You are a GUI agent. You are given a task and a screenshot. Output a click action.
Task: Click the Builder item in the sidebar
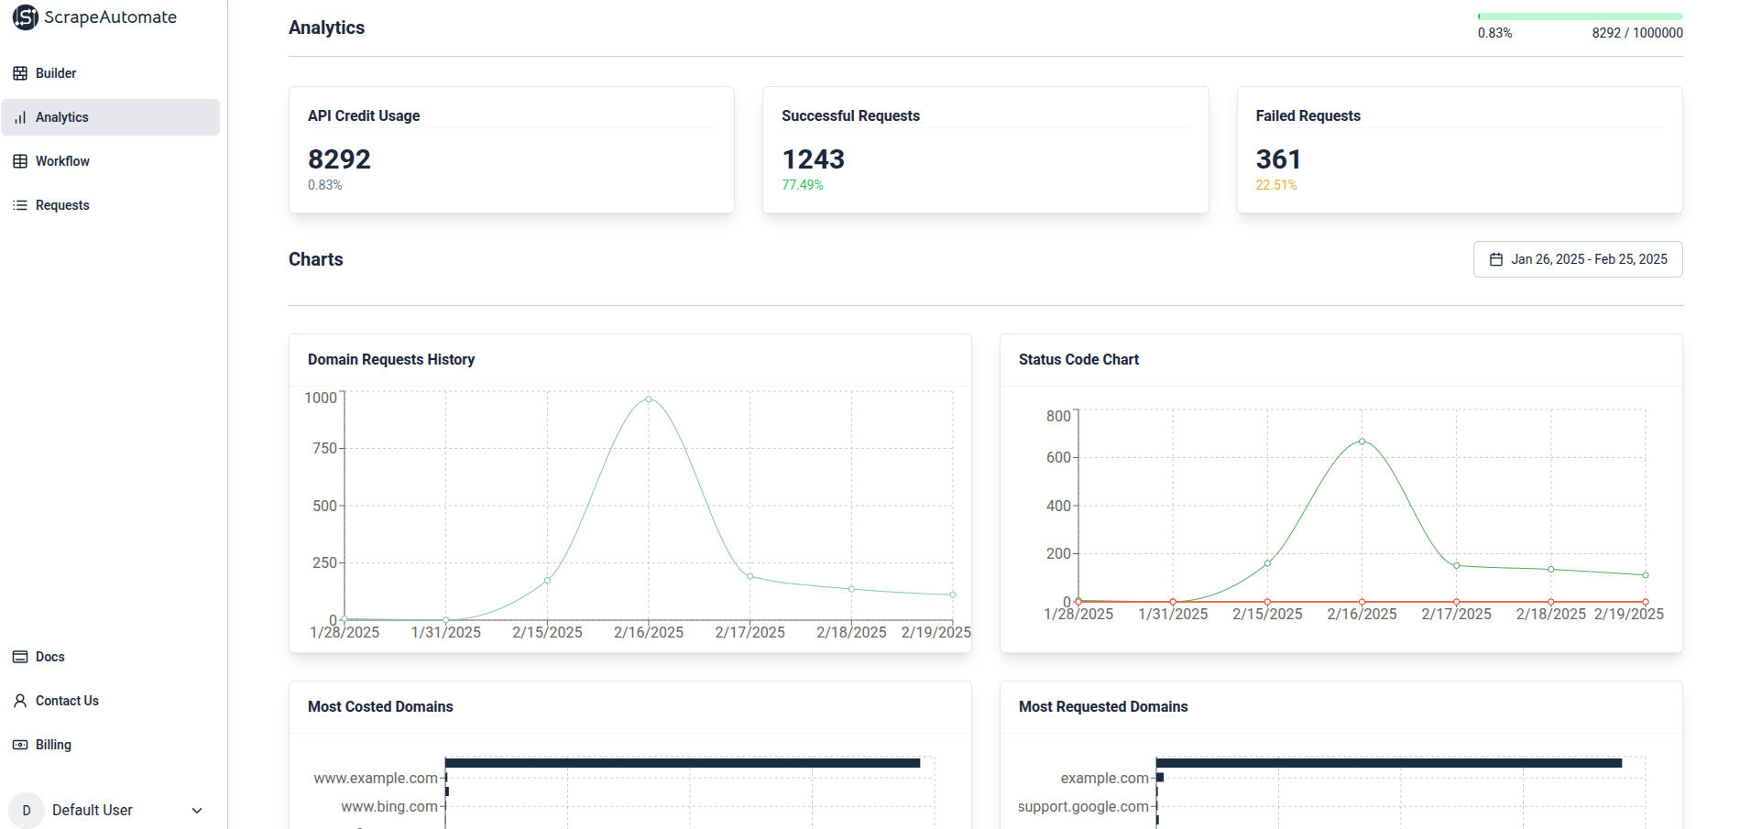pos(55,73)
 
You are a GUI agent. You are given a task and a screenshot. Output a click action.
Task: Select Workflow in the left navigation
pos(62,161)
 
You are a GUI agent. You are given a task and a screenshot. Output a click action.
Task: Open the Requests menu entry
pos(62,205)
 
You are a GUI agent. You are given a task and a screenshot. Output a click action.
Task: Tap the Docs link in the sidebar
pos(49,657)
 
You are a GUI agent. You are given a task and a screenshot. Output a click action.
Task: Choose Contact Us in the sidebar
pos(67,701)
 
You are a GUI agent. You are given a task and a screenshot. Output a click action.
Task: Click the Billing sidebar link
pos(53,745)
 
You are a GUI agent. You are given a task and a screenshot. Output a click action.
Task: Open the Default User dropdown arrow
pos(197,811)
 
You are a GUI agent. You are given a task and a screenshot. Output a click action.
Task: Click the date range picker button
pos(1578,259)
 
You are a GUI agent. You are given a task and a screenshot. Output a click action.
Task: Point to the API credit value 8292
pos(339,159)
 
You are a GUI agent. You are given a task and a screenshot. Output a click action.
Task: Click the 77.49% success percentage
pos(803,185)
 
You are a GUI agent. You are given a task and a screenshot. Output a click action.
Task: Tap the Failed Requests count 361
pos(1278,159)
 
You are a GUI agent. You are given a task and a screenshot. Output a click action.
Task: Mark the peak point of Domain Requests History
pos(649,399)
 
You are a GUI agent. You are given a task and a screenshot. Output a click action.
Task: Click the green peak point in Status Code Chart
pos(1362,442)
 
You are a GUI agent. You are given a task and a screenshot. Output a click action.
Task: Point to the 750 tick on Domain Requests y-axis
pos(324,448)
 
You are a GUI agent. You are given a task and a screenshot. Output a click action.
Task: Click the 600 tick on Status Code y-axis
pos(1058,457)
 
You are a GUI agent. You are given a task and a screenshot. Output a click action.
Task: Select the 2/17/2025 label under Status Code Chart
pos(1456,614)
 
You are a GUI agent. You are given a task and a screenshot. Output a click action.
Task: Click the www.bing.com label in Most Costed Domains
pos(389,806)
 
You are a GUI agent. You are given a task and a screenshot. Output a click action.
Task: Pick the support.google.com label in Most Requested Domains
pos(1083,806)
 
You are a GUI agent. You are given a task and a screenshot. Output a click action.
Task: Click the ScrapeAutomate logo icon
pos(26,17)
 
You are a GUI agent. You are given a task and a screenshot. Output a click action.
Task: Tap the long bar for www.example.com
pos(683,763)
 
